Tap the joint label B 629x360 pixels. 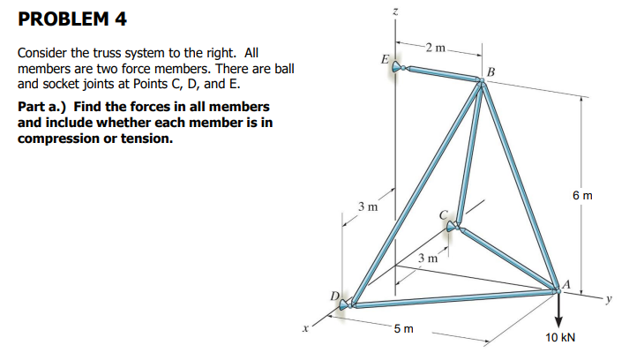click(491, 71)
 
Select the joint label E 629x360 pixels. click(383, 59)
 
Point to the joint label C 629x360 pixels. click(445, 214)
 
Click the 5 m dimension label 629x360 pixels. click(402, 329)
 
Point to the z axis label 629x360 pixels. click(396, 13)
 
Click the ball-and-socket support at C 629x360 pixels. click(453, 229)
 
